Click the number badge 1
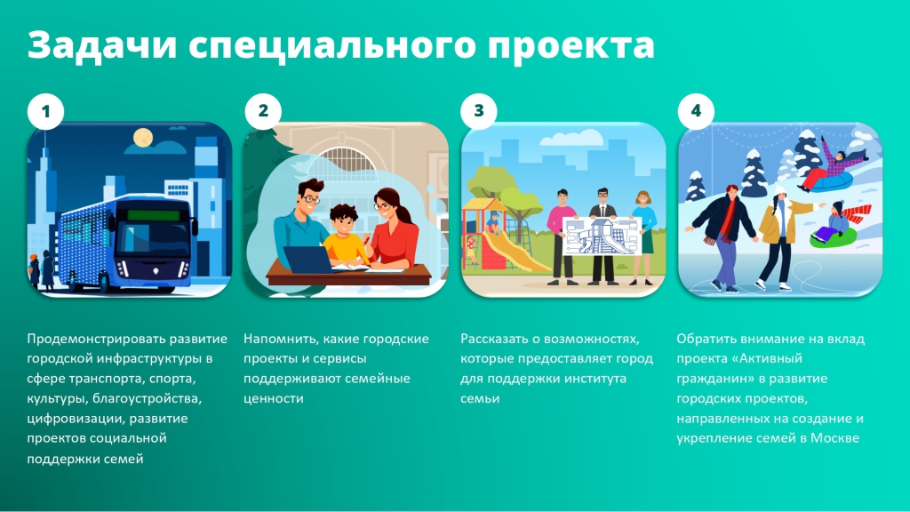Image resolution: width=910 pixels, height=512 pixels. click(46, 111)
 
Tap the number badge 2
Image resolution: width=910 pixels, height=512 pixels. click(263, 111)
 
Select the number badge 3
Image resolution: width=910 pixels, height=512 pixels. click(479, 111)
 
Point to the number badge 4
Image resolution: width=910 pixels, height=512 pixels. click(696, 111)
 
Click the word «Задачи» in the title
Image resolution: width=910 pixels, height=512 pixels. click(102, 45)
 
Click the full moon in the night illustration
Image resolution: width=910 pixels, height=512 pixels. click(143, 137)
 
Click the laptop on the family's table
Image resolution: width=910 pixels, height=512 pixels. click(308, 260)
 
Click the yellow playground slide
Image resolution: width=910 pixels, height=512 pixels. click(516, 250)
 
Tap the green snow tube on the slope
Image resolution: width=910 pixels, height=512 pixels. click(834, 237)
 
